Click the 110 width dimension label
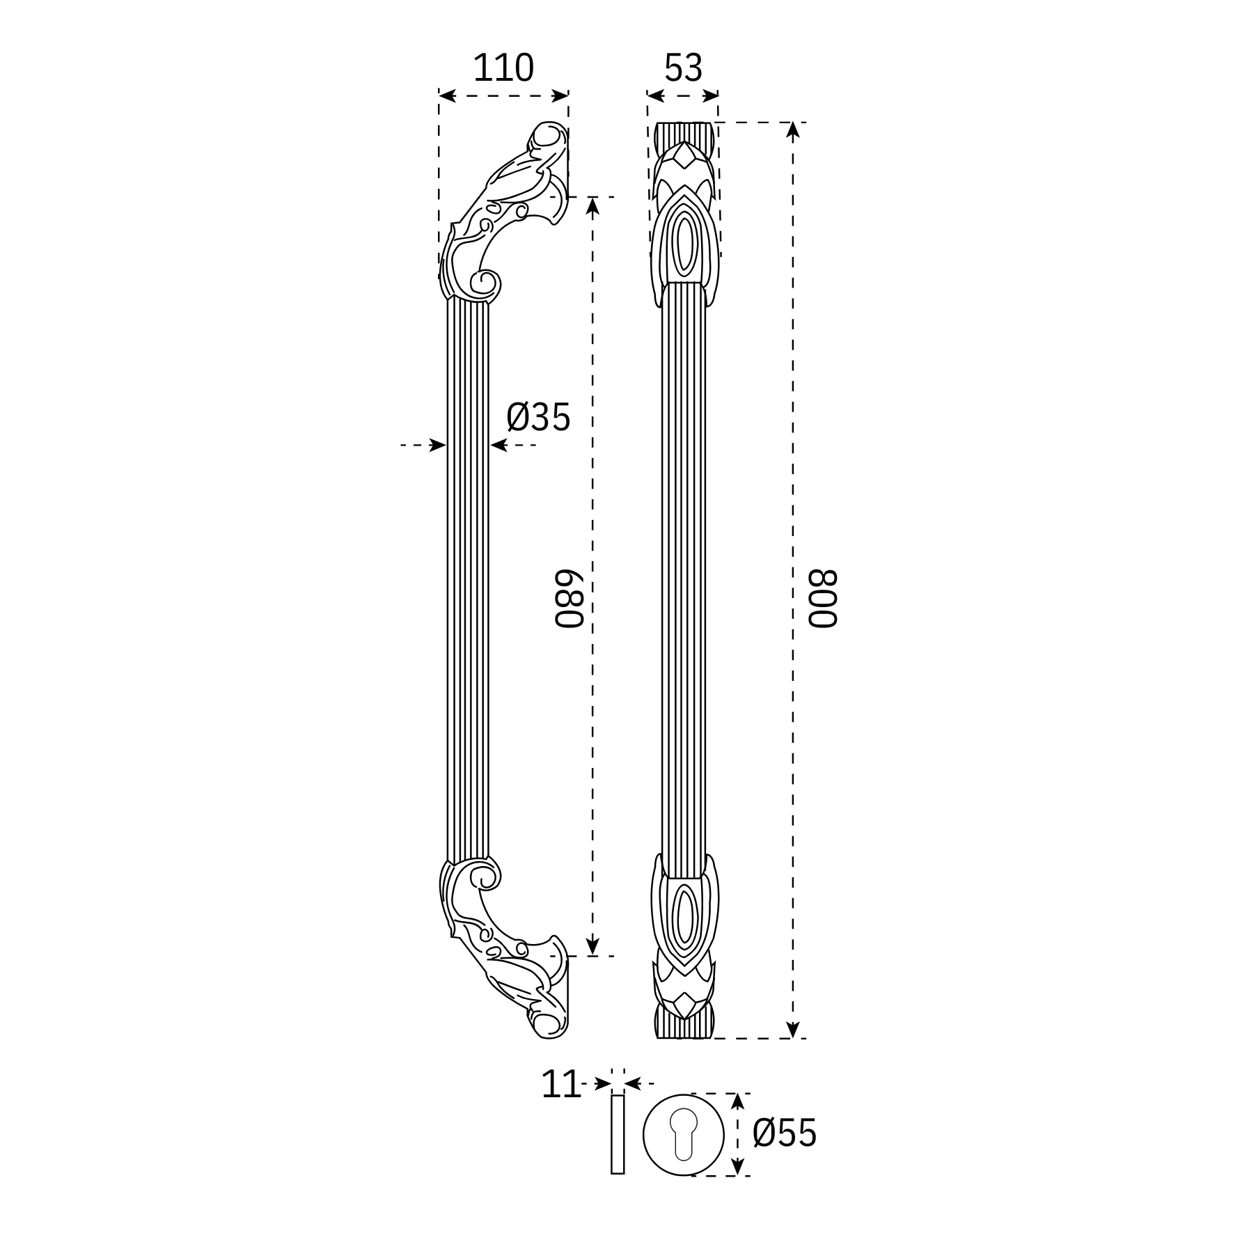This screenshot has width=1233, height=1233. point(503,68)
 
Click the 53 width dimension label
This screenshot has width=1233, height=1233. point(683,68)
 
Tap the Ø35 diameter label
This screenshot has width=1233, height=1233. point(538,417)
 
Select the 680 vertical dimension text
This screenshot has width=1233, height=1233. point(568,600)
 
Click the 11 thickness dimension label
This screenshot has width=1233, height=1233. point(560,1085)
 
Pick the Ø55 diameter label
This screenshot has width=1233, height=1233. point(784,1133)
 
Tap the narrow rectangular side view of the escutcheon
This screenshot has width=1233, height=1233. point(618,1134)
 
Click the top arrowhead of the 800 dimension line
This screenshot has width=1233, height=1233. point(792,130)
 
